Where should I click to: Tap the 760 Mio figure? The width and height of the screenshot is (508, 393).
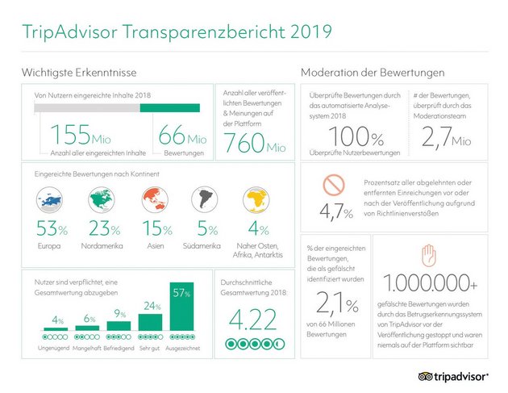247,143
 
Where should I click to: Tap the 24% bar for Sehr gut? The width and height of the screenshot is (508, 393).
151,321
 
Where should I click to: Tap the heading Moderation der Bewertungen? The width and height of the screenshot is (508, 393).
372,73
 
